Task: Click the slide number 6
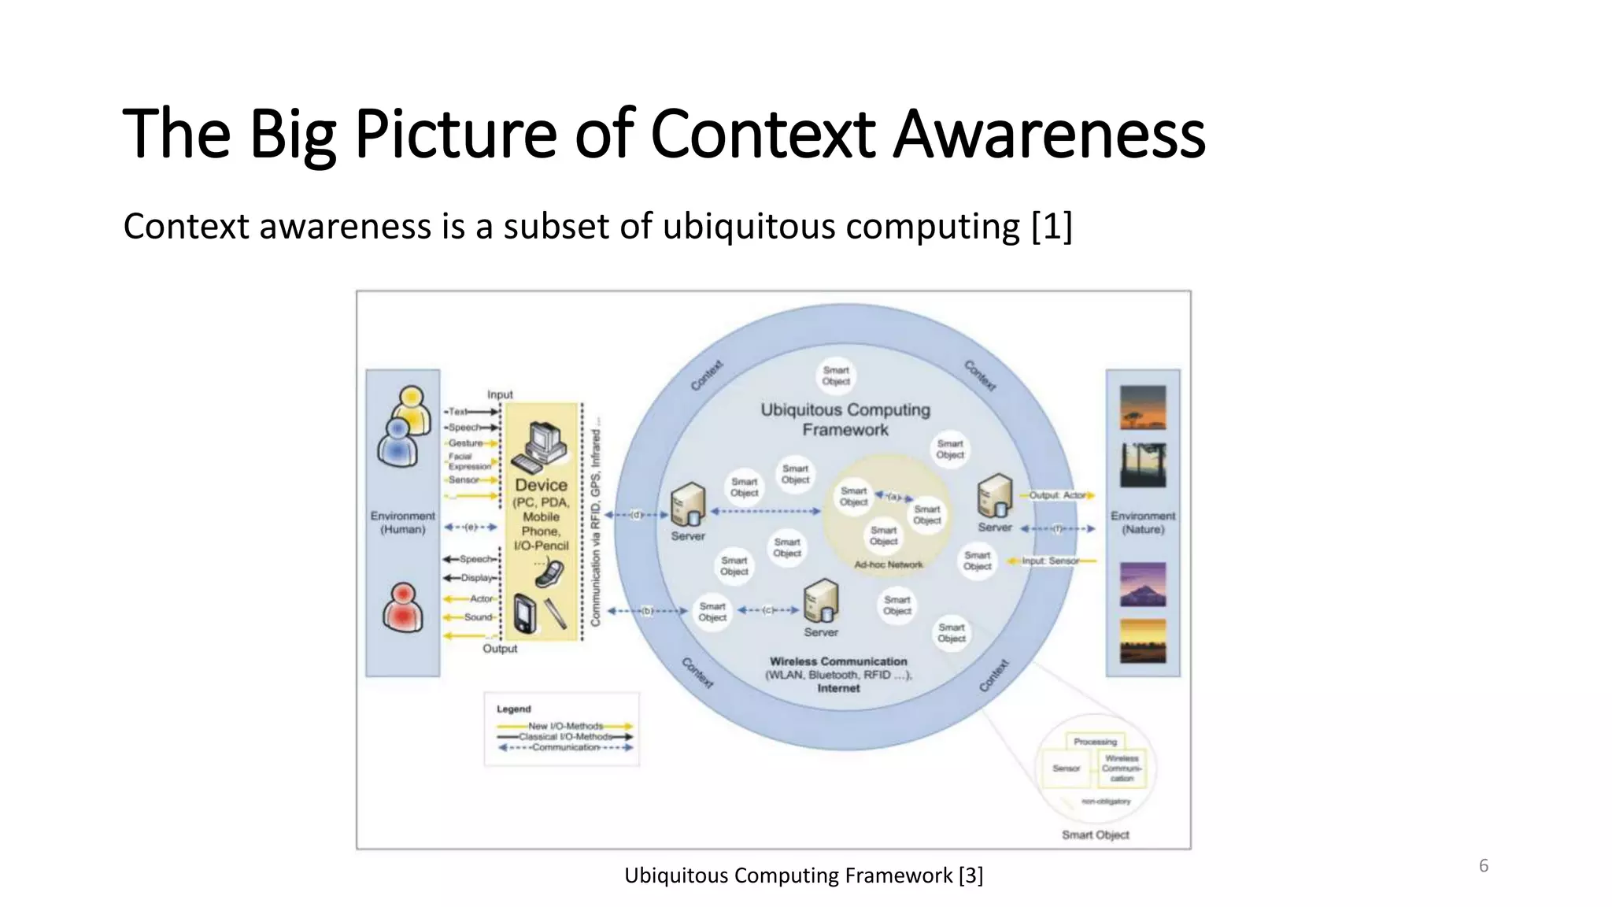click(1483, 866)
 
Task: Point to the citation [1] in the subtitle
click(1052, 227)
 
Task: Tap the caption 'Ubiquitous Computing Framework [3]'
click(803, 876)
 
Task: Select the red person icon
click(402, 608)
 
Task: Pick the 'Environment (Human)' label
click(402, 523)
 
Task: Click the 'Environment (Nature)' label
click(1143, 523)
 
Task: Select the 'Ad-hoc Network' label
click(889, 565)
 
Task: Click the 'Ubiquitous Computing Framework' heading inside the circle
click(845, 420)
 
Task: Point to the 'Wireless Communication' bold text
click(838, 661)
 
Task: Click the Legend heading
click(513, 709)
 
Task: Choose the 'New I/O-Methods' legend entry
click(565, 726)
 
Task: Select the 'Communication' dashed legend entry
click(565, 747)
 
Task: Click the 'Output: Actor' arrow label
click(1057, 495)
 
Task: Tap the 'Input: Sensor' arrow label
click(1051, 561)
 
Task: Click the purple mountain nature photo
click(1143, 584)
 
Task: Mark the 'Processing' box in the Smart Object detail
click(1095, 742)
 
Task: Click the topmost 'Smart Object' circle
click(836, 376)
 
